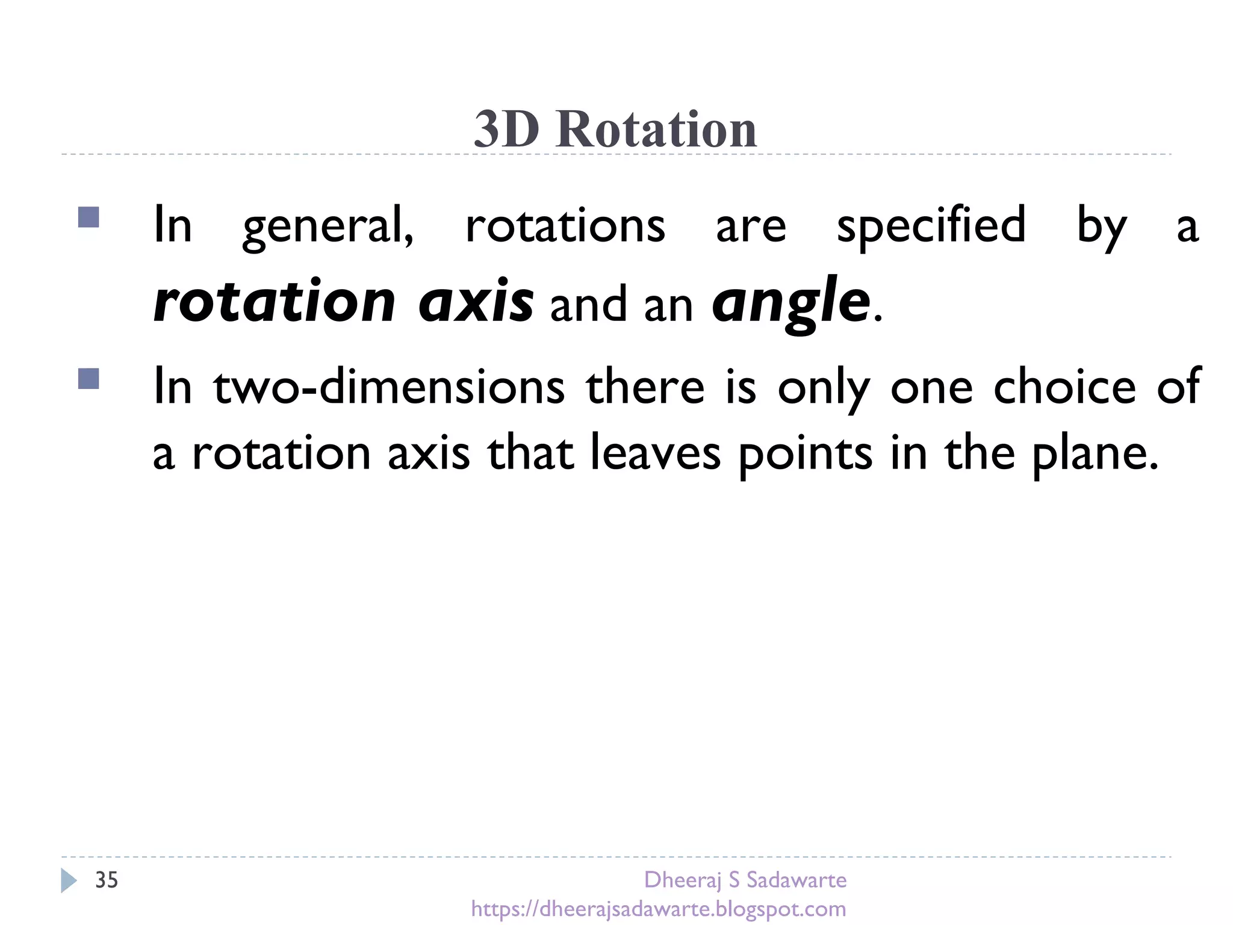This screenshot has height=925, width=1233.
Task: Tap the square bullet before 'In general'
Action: click(89, 217)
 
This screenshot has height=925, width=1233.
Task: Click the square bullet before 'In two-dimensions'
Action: click(89, 379)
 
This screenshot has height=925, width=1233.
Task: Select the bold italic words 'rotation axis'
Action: click(343, 301)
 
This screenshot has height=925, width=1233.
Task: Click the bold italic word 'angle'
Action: click(790, 301)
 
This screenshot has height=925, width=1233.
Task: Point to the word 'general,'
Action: click(328, 226)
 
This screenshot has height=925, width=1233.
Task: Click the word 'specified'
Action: click(931, 226)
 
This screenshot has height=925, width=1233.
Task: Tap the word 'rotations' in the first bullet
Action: click(565, 226)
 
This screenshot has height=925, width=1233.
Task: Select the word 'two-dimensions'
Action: click(389, 387)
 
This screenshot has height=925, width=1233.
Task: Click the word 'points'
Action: click(806, 453)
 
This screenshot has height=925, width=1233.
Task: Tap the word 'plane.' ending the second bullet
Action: click(1096, 453)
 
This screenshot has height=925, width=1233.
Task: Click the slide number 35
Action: click(107, 880)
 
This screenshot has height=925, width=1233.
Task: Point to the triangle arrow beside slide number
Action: click(69, 880)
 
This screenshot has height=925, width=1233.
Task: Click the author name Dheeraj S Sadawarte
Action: click(745, 880)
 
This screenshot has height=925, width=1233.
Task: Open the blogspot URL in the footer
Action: click(659, 908)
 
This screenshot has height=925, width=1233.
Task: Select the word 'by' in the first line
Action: click(1101, 226)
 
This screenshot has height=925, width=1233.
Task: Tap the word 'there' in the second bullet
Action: click(645, 387)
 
